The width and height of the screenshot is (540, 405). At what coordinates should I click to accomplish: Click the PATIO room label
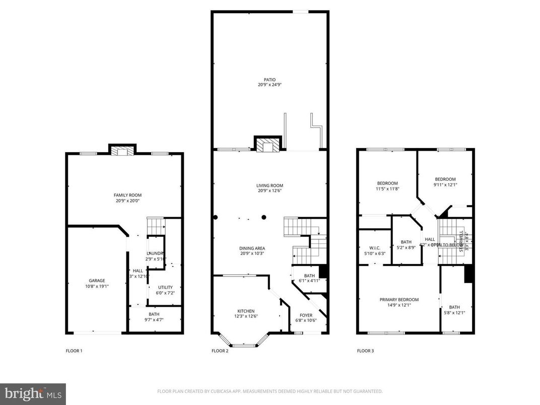click(269, 80)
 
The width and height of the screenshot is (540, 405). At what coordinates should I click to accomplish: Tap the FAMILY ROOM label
click(127, 195)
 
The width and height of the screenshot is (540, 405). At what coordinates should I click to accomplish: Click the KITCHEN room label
click(246, 311)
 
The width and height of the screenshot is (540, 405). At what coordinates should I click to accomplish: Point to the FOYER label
click(306, 315)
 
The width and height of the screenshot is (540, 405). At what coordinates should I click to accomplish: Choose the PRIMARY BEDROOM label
click(399, 300)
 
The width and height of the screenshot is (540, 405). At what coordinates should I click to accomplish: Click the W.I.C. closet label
click(374, 248)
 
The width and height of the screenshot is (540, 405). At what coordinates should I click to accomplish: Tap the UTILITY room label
click(165, 287)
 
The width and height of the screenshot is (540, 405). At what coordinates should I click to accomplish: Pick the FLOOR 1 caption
click(74, 351)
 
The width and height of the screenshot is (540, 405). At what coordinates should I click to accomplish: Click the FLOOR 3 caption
click(365, 351)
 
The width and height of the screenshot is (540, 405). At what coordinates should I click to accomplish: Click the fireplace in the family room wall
click(122, 151)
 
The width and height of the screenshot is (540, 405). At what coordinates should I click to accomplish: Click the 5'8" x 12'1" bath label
click(454, 312)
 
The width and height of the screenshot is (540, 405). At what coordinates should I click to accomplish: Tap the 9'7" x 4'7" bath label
click(154, 319)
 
